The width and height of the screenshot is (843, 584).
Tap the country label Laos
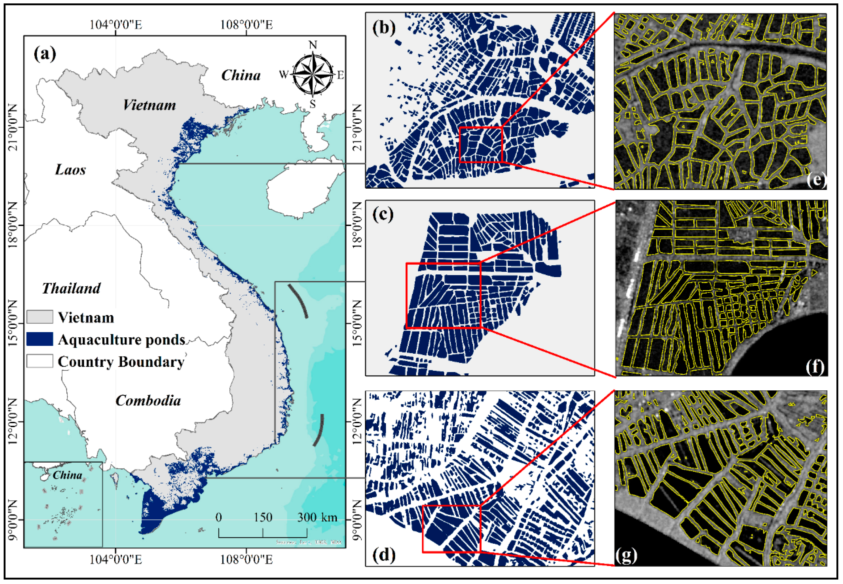coord(70,170)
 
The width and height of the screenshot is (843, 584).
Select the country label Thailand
coord(71,288)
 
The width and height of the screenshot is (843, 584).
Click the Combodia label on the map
coord(148,401)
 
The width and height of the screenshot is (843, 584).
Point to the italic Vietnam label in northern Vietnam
coord(149,105)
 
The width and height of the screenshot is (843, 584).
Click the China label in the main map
coord(241,75)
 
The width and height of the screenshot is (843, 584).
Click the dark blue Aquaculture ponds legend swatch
coord(40,339)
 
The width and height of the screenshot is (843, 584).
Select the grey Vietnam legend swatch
coord(40,317)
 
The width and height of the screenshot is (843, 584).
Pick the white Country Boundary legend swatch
coord(40,361)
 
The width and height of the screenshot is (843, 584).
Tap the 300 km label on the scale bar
coord(317,517)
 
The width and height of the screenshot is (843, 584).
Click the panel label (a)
coord(45,54)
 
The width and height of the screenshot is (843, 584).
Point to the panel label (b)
coord(384,28)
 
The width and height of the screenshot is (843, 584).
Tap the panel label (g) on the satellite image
coord(626,555)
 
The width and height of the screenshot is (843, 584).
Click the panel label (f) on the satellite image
coord(814,367)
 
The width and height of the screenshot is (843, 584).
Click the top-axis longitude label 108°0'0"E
coord(246,25)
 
